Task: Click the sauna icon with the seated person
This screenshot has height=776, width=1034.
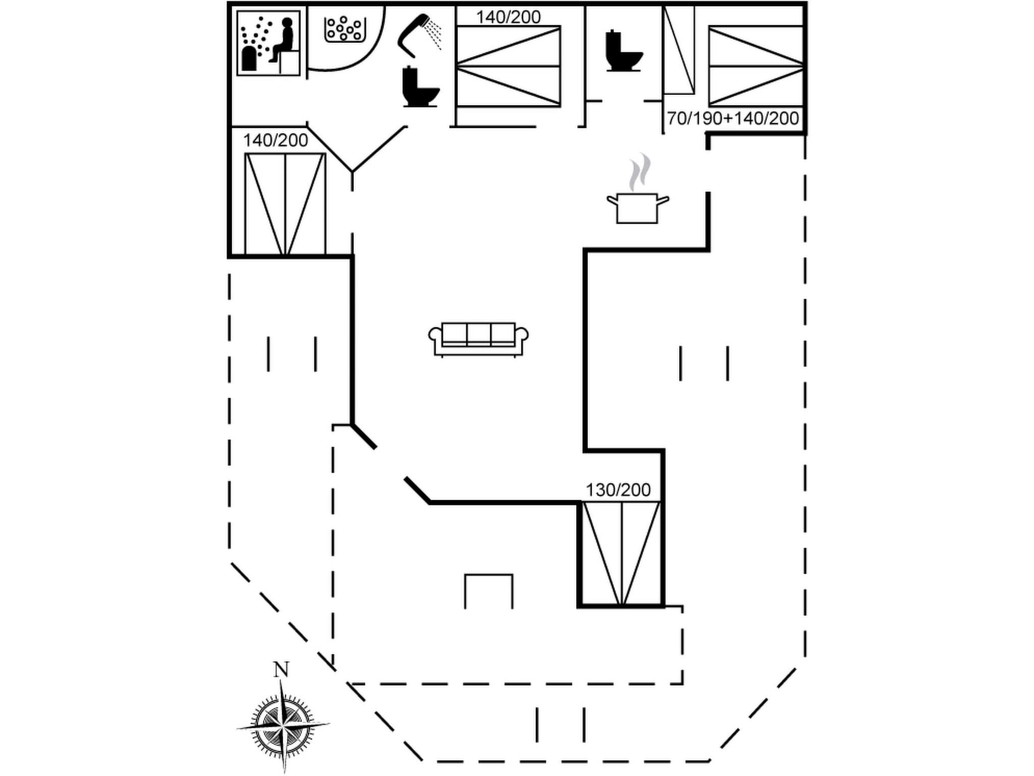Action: [x=269, y=43]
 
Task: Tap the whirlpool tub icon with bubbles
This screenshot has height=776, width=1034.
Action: [x=344, y=29]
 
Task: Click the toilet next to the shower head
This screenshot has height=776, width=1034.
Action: [x=420, y=88]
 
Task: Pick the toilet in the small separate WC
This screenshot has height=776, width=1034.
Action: [x=623, y=52]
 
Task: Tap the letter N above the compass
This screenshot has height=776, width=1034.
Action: [x=281, y=670]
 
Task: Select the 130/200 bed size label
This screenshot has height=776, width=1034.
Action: [x=618, y=490]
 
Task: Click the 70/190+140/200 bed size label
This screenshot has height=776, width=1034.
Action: [x=733, y=119]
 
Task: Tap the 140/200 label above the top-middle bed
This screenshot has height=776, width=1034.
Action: [x=508, y=17]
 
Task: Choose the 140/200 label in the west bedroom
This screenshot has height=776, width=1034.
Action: [x=275, y=140]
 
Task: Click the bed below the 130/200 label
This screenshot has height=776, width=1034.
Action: [x=622, y=554]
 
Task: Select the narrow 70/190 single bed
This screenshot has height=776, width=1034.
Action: [x=679, y=51]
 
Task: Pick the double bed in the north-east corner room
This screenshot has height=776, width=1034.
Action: [x=756, y=66]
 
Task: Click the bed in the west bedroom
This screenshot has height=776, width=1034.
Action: [x=285, y=204]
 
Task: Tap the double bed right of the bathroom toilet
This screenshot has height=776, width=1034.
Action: [x=508, y=66]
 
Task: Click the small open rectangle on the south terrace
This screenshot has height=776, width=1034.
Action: [x=488, y=591]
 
